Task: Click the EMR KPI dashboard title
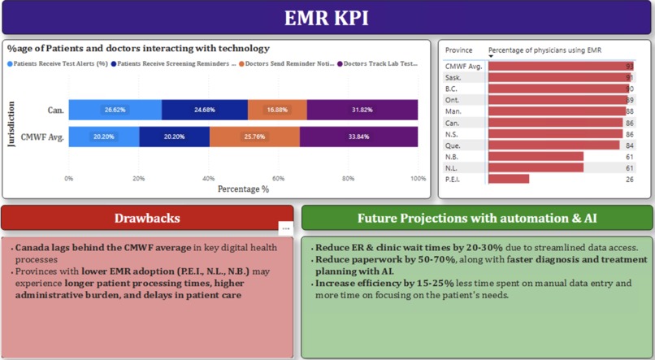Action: (x=327, y=18)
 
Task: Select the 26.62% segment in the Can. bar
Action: (x=115, y=110)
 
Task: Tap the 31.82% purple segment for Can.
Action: (x=362, y=110)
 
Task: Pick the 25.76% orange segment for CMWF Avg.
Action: (x=254, y=137)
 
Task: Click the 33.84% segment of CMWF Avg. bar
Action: (x=359, y=137)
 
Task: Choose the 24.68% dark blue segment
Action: (x=205, y=110)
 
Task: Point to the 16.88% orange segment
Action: (x=277, y=110)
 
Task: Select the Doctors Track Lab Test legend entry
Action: (x=381, y=63)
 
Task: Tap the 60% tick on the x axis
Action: (x=279, y=178)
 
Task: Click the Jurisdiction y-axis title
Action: (x=11, y=124)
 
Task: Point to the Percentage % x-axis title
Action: (x=243, y=189)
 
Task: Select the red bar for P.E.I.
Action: (x=508, y=179)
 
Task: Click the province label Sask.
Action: (x=453, y=77)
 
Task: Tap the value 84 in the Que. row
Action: (x=630, y=145)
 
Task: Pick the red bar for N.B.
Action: (x=535, y=156)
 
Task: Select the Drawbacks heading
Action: (x=147, y=218)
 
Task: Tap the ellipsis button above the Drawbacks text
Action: (x=284, y=228)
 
